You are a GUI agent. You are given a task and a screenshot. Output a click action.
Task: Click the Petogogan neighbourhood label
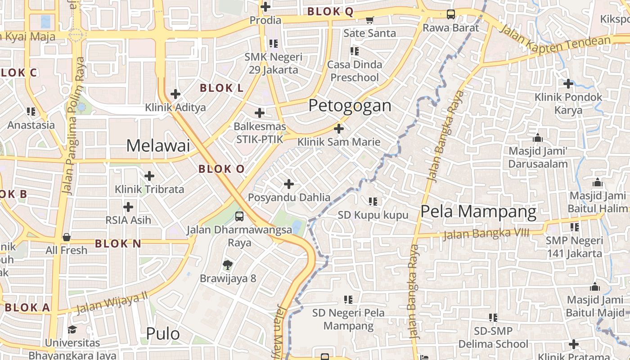click(x=350, y=106)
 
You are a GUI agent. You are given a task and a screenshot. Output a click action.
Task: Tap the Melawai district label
click(x=157, y=146)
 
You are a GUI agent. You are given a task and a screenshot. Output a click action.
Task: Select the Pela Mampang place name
click(x=478, y=211)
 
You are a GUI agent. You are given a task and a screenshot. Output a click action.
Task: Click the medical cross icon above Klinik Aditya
click(x=175, y=94)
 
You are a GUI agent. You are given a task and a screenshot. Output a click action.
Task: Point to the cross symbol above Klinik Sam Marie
click(x=339, y=129)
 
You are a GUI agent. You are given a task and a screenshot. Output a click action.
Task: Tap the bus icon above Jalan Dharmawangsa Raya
click(x=239, y=216)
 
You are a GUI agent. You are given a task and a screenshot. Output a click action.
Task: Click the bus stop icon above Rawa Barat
click(x=450, y=14)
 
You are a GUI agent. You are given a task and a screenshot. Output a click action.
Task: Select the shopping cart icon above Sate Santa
click(x=370, y=20)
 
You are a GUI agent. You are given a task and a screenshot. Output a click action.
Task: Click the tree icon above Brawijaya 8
click(x=228, y=265)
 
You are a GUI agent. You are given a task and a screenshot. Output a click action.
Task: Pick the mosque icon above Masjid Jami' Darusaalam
click(x=537, y=137)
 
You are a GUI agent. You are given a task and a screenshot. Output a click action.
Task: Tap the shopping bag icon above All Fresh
click(x=67, y=237)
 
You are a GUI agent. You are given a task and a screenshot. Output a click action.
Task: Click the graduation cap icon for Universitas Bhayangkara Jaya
click(x=72, y=330)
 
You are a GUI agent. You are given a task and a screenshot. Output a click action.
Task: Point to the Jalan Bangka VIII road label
click(x=486, y=234)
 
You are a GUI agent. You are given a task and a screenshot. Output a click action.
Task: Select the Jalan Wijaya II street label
click(x=112, y=303)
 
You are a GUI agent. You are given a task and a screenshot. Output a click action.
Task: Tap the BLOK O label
click(x=221, y=169)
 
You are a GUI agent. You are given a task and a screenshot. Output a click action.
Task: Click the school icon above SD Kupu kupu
click(x=373, y=202)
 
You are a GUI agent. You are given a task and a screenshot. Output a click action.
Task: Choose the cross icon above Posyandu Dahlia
click(x=289, y=184)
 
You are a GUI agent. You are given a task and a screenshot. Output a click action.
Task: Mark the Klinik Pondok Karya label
click(x=568, y=103)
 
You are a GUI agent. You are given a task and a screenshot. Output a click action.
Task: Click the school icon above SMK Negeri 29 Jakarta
click(x=274, y=44)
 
